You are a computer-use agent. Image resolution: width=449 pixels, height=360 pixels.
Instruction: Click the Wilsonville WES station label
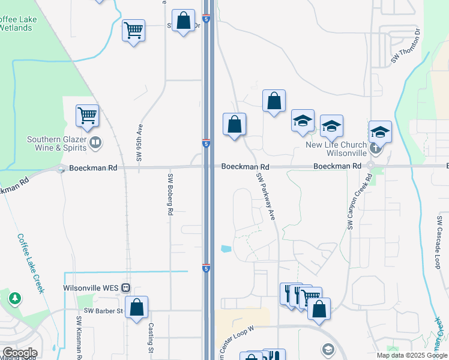91,287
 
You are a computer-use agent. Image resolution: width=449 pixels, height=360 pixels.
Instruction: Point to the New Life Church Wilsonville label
336,149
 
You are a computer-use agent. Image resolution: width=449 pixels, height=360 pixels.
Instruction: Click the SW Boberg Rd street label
170,194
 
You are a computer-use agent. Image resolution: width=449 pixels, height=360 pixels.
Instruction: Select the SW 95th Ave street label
139,142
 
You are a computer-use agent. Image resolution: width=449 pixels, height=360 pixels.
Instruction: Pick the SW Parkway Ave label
265,196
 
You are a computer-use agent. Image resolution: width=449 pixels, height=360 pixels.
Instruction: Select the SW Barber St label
103,311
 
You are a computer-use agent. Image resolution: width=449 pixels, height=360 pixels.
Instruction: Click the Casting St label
151,339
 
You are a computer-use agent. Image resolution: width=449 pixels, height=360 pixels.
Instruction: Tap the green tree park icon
14,298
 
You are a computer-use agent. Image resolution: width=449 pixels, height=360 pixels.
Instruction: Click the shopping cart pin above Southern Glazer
87,115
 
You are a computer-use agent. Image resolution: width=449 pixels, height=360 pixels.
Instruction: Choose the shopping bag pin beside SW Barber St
137,307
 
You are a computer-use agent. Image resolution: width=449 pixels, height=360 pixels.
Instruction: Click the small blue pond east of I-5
226,248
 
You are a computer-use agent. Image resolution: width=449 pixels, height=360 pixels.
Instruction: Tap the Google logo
20,353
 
